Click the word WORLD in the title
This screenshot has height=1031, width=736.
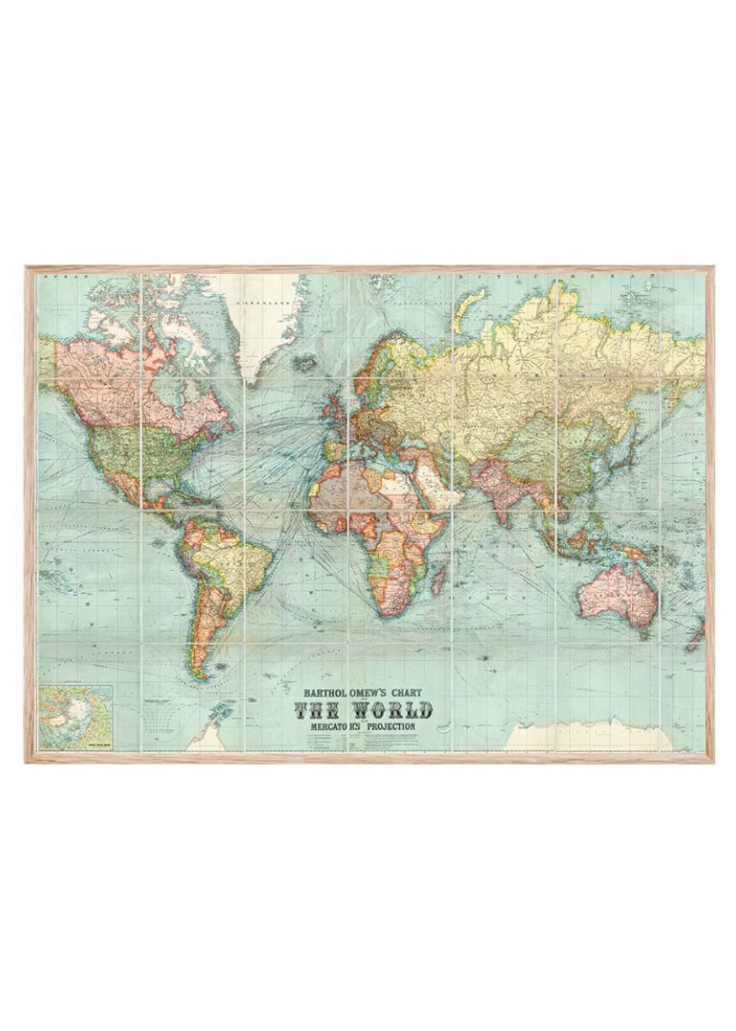coord(390,709)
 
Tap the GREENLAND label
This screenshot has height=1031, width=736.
coord(256,298)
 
